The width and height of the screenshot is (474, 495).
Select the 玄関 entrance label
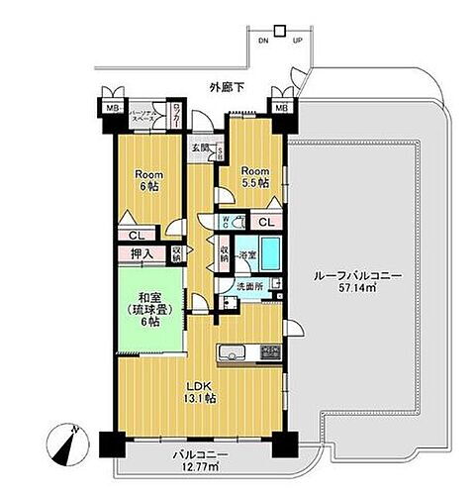tap(202, 149)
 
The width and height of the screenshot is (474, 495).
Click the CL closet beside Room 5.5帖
tap(264, 222)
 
